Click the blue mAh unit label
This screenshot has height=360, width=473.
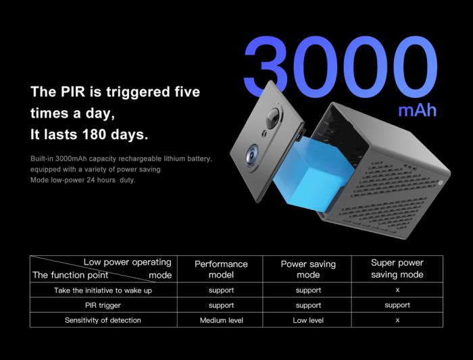click(418, 111)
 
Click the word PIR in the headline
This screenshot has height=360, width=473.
click(73, 92)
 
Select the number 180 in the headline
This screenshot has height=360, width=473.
click(94, 134)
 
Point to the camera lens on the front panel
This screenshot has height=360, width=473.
click(252, 155)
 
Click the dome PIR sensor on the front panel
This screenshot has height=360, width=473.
click(273, 118)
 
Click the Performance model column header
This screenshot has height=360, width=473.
click(221, 269)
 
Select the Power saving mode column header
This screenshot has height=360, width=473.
click(308, 269)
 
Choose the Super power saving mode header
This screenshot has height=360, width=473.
click(397, 269)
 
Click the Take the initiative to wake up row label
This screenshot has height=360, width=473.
click(103, 290)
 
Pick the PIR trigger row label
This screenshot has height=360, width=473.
click(103, 305)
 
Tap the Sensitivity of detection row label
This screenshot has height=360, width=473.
click(103, 320)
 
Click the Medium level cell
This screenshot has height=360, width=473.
click(222, 320)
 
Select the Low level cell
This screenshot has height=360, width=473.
click(308, 320)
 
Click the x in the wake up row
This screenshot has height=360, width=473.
click(397, 290)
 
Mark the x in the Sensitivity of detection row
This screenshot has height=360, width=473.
click(397, 320)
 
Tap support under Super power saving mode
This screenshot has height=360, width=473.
click(397, 305)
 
